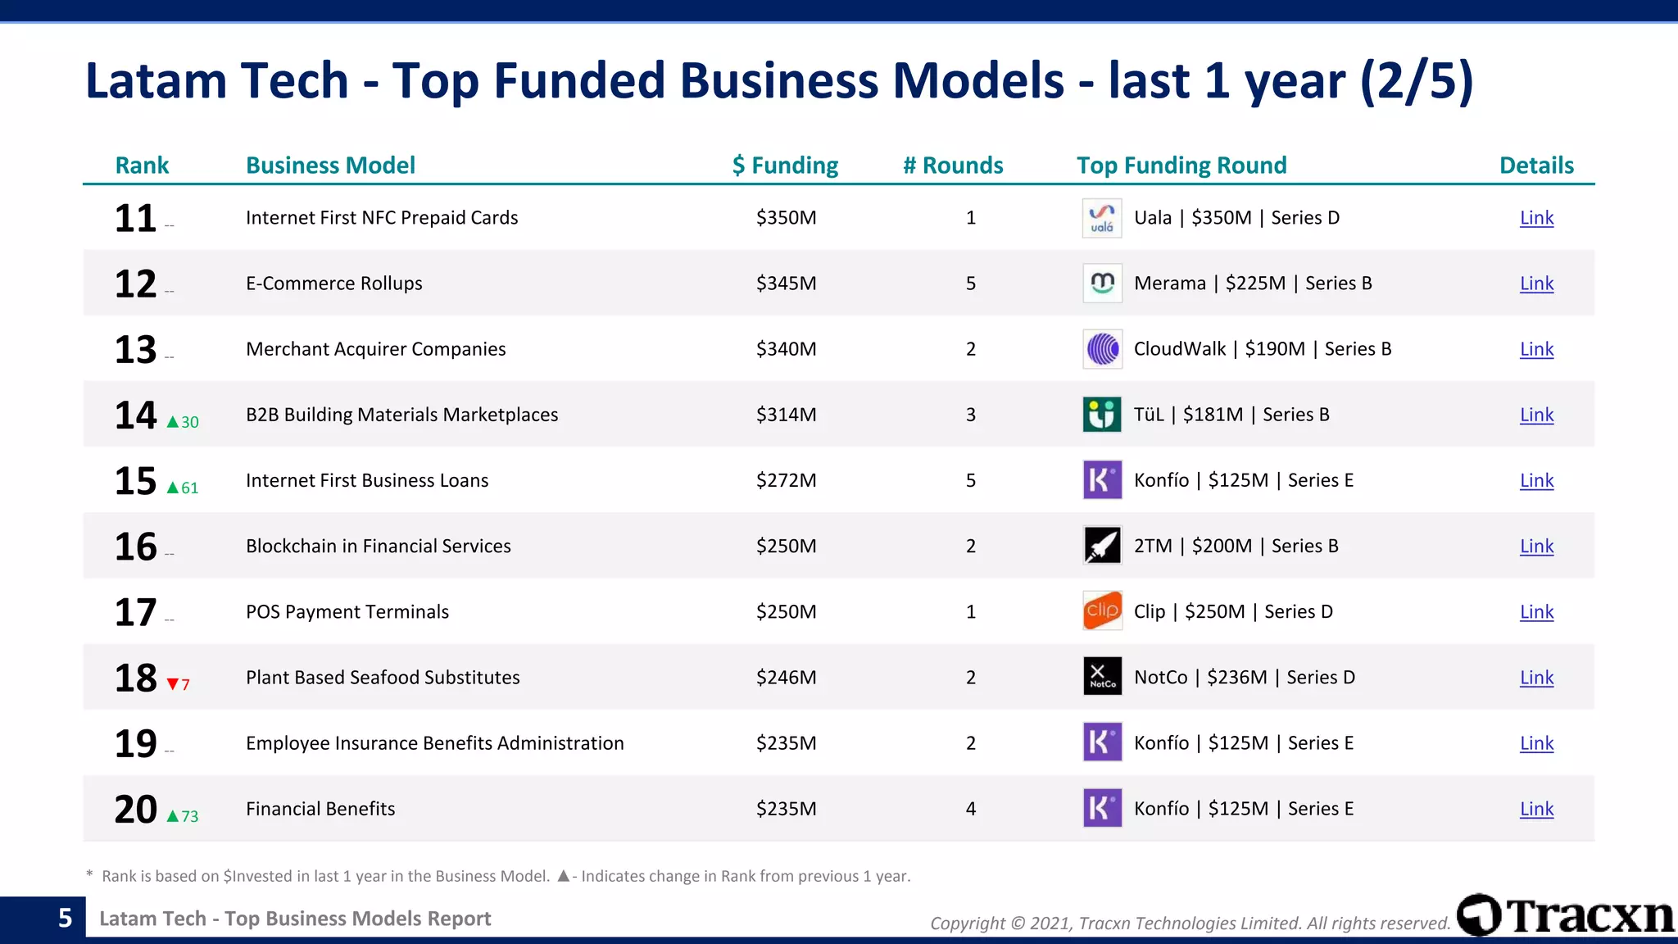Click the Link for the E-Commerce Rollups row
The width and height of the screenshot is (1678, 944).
(x=1536, y=284)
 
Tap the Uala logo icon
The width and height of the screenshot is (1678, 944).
(x=1102, y=218)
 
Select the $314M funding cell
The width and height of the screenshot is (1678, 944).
(x=786, y=415)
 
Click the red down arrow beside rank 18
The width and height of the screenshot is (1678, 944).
(x=173, y=684)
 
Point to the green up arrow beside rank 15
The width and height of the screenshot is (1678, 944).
(x=173, y=488)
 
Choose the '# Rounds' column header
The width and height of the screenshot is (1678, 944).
(x=953, y=166)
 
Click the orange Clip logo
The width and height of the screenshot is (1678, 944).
(x=1102, y=611)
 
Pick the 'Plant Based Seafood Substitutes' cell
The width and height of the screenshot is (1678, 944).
(x=383, y=678)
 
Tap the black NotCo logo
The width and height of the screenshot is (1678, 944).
(x=1102, y=677)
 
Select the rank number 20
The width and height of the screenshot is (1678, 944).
(x=135, y=810)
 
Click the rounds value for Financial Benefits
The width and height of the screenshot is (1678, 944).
(x=971, y=809)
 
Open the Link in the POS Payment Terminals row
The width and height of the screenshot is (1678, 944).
(x=1536, y=612)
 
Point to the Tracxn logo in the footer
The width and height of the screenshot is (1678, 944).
(x=1565, y=915)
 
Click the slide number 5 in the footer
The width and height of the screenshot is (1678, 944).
(x=66, y=918)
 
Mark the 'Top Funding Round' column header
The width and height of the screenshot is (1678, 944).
(x=1181, y=166)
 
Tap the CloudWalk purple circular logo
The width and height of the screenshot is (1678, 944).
(x=1102, y=349)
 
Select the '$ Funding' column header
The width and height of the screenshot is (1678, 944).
(x=785, y=166)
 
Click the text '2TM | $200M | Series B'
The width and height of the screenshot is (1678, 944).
(x=1236, y=546)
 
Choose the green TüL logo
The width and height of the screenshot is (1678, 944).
(x=1102, y=415)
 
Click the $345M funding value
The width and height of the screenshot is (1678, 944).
(x=786, y=284)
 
